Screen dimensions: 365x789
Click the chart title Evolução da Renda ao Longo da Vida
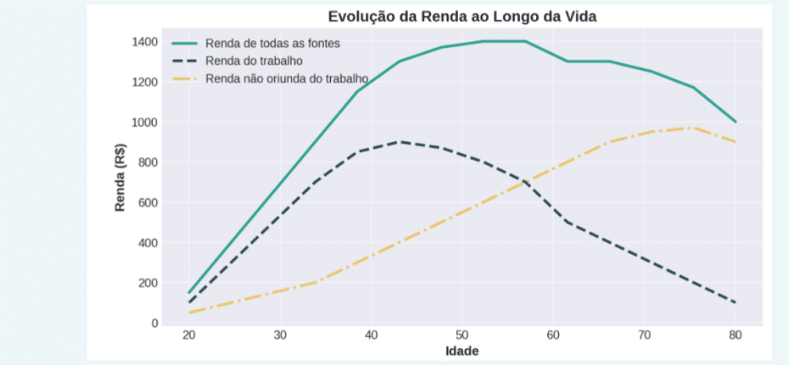pos(462,17)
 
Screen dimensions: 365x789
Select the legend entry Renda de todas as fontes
pos(272,43)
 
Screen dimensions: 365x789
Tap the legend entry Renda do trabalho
pos(254,61)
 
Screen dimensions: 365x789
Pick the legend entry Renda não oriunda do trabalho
pos(286,78)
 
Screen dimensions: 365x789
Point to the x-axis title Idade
pos(462,351)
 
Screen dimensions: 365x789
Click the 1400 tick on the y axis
pos(144,42)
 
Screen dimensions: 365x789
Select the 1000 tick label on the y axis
pos(144,122)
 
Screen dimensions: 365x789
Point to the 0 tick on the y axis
pos(154,323)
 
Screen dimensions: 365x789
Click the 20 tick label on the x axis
pos(189,336)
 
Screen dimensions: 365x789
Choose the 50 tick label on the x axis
pos(462,336)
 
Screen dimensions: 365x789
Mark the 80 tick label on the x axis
pos(735,336)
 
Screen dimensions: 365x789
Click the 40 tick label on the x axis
pos(371,336)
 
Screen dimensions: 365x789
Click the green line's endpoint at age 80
pos(735,121)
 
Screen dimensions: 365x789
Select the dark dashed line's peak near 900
pos(397,142)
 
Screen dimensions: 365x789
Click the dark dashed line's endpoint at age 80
pos(735,302)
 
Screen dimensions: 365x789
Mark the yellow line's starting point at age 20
pos(189,312)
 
